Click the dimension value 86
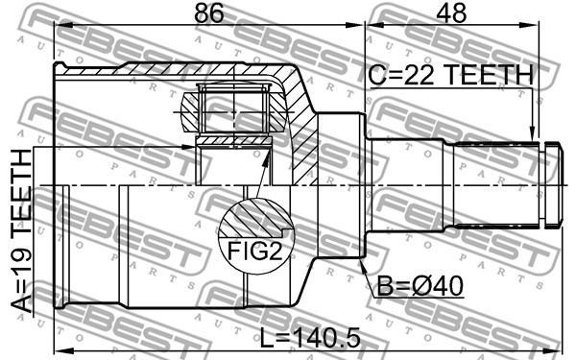click(208, 12)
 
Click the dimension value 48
click(451, 12)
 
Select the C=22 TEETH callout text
click(451, 75)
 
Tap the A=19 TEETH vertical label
click(21, 231)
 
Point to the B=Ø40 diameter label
click(420, 286)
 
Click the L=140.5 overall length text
click(310, 338)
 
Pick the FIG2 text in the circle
click(255, 252)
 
